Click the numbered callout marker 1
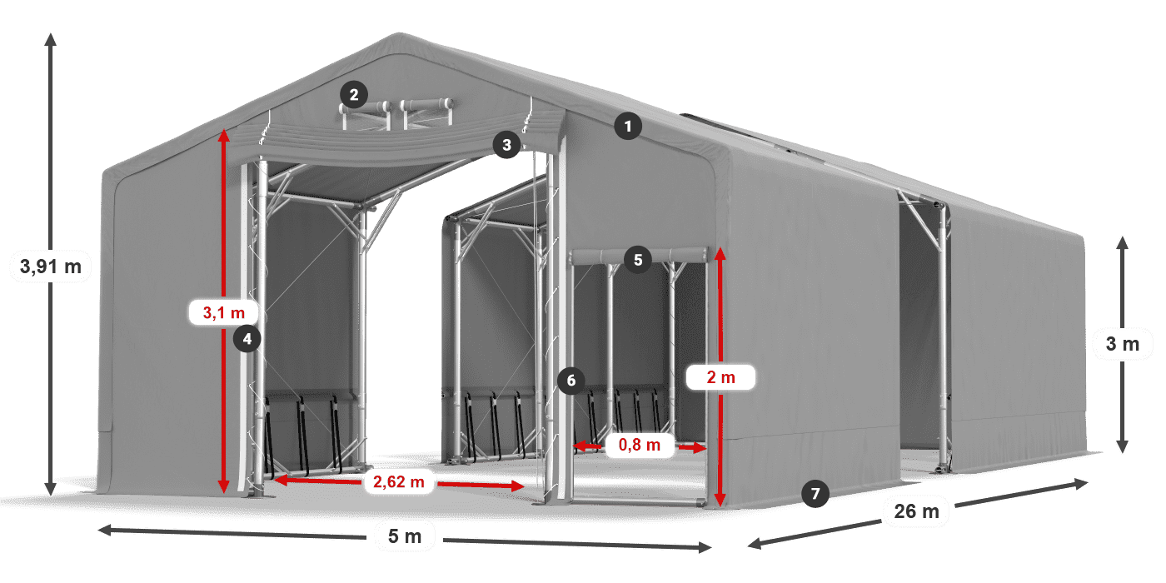click(628, 127)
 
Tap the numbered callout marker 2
click(354, 94)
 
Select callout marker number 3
click(506, 145)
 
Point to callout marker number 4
click(247, 338)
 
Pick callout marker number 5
click(638, 259)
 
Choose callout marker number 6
click(571, 381)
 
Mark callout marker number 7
click(815, 493)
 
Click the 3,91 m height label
click(50, 267)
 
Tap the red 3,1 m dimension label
click(224, 312)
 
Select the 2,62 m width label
click(400, 481)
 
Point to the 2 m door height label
click(720, 377)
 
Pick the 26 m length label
click(916, 511)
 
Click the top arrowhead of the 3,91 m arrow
click(51, 37)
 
